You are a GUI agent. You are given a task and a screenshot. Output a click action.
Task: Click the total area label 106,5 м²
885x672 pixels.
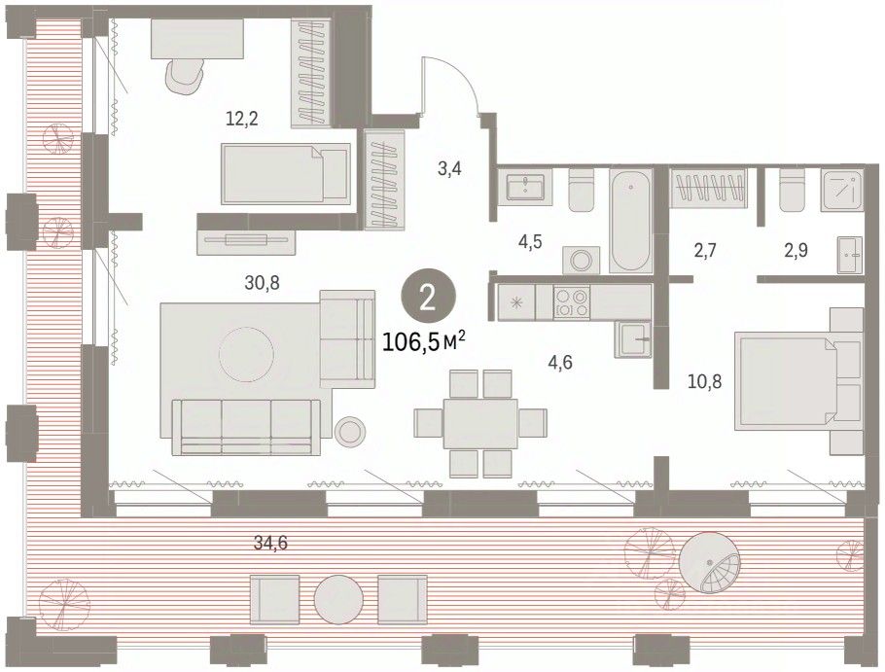pyautogui.click(x=424, y=340)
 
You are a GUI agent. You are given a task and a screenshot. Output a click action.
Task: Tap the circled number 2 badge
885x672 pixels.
pyautogui.click(x=428, y=298)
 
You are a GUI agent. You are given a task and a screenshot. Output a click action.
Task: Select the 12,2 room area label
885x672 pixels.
pyautogui.click(x=241, y=119)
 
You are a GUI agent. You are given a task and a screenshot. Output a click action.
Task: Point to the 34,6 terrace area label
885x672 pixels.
pyautogui.click(x=270, y=543)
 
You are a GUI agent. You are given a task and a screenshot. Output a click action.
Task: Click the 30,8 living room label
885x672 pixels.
pyautogui.click(x=262, y=282)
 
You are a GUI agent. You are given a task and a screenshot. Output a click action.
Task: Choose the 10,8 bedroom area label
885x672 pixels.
pyautogui.click(x=704, y=382)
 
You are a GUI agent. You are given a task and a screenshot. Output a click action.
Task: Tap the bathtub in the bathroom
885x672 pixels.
pyautogui.click(x=631, y=220)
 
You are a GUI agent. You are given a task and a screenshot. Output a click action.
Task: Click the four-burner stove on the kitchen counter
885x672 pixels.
pyautogui.click(x=572, y=301)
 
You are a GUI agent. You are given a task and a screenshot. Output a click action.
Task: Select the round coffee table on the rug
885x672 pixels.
pyautogui.click(x=247, y=356)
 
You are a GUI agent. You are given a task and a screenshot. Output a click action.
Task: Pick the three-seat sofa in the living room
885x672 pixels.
pyautogui.click(x=246, y=427)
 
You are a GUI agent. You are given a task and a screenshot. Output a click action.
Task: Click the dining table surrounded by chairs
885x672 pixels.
pyautogui.click(x=480, y=423)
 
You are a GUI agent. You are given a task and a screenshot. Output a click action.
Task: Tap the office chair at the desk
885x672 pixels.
pyautogui.click(x=185, y=78)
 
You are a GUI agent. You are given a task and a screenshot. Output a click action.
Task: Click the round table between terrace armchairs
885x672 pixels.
pyautogui.click(x=338, y=599)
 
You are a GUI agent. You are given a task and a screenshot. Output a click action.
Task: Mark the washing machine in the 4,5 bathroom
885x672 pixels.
pyautogui.click(x=582, y=260)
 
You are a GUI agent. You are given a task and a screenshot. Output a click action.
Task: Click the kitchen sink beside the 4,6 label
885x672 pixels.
pyautogui.click(x=633, y=338)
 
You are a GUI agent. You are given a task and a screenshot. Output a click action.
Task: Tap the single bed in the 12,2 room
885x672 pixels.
pyautogui.click(x=286, y=173)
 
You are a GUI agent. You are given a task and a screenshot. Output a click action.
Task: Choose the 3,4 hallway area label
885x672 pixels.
pyautogui.click(x=450, y=167)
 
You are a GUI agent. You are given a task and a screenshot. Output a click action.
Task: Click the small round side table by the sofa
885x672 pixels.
pyautogui.click(x=350, y=432)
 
